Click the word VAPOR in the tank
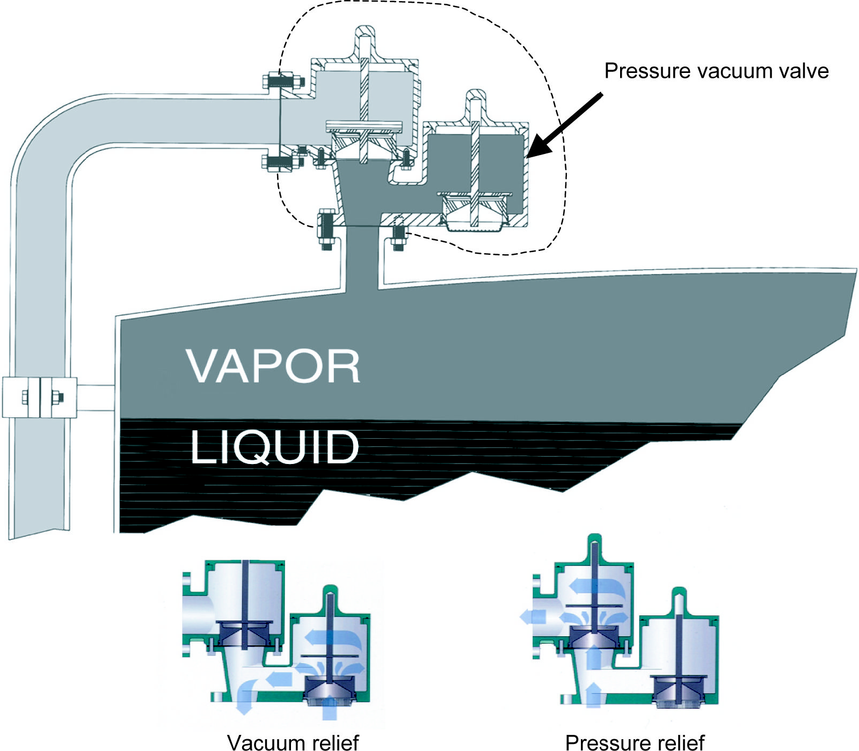(273, 366)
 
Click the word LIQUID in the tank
(274, 447)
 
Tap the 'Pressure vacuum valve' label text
(716, 71)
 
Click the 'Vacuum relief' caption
(293, 742)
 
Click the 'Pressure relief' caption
(635, 742)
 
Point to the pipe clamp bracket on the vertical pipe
(40, 397)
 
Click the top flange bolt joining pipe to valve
(283, 82)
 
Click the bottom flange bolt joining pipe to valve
(281, 161)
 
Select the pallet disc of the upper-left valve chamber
(364, 127)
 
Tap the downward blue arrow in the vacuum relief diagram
(244, 700)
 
